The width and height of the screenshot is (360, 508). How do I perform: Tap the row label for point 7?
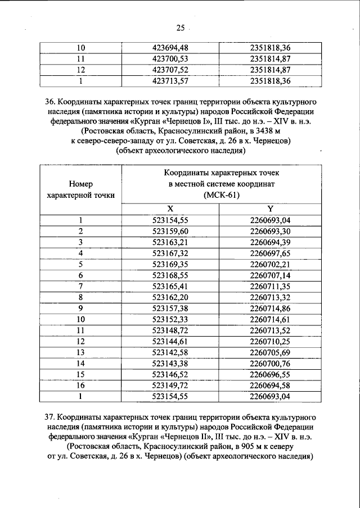[80, 286]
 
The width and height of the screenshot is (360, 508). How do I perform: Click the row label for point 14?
[80, 364]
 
